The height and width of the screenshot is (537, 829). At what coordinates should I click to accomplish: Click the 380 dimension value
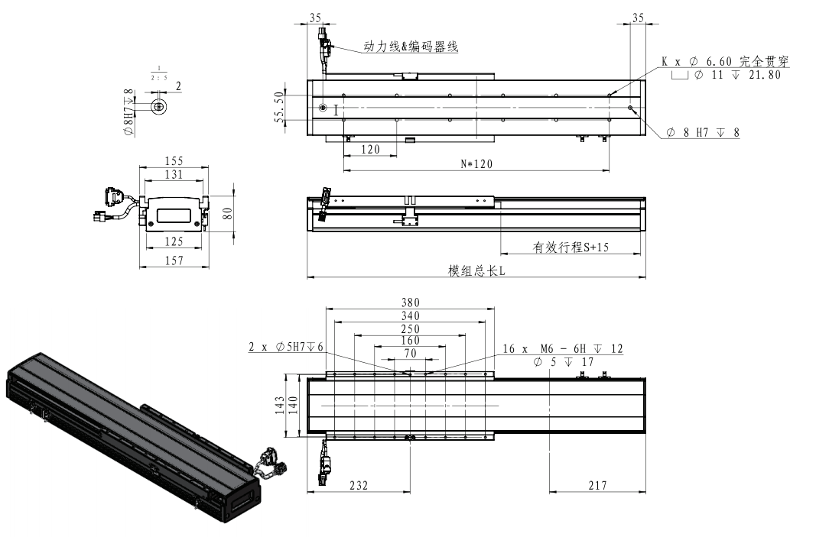pyautogui.click(x=411, y=302)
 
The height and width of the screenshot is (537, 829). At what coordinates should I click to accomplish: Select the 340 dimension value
pyautogui.click(x=411, y=315)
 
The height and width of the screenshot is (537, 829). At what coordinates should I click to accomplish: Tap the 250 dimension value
pyautogui.click(x=411, y=329)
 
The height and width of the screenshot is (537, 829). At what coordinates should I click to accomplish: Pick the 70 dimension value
pyautogui.click(x=411, y=354)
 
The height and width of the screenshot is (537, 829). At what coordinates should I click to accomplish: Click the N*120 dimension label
pyautogui.click(x=475, y=163)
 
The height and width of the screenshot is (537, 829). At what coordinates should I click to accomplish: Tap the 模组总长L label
pyautogui.click(x=476, y=271)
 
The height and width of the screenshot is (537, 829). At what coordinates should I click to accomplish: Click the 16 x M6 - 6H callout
pyautogui.click(x=562, y=349)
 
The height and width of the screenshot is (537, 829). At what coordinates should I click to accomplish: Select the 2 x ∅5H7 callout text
pyautogui.click(x=288, y=347)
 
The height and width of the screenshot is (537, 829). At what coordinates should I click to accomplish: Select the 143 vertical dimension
pyautogui.click(x=281, y=406)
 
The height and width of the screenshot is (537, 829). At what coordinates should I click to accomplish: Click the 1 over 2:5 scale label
pyautogui.click(x=159, y=73)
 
